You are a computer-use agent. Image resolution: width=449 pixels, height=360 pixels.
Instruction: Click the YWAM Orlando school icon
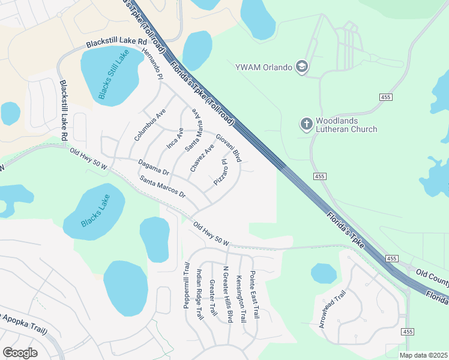click(x=302, y=67)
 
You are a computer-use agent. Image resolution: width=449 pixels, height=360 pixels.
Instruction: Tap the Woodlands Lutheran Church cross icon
click(x=306, y=124)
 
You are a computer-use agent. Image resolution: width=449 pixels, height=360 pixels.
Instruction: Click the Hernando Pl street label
click(x=152, y=64)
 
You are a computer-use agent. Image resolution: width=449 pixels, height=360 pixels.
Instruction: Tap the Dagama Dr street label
click(x=154, y=167)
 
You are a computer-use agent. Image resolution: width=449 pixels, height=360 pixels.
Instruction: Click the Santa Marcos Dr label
click(x=163, y=187)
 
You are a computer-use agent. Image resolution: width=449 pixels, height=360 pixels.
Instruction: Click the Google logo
click(x=20, y=352)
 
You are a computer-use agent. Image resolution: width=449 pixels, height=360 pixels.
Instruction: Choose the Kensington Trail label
click(x=241, y=296)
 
